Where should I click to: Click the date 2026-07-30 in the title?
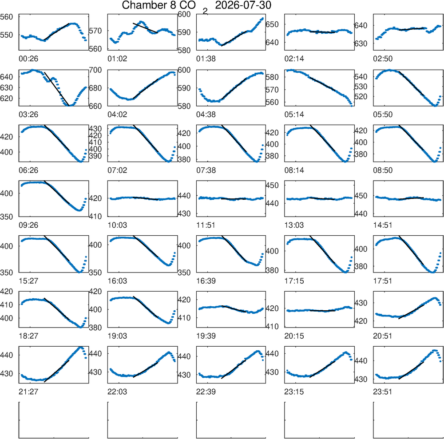click(x=243, y=5)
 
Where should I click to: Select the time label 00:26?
click(x=28, y=59)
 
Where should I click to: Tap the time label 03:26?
click(x=28, y=115)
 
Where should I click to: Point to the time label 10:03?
click(x=117, y=225)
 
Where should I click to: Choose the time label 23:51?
click(x=383, y=392)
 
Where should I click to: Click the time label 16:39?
click(x=206, y=281)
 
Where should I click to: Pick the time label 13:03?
click(x=294, y=225)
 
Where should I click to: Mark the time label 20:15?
click(x=294, y=336)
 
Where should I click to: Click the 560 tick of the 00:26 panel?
click(x=7, y=17)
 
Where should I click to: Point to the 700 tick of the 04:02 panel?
click(x=95, y=70)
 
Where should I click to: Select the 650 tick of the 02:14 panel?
click(x=272, y=24)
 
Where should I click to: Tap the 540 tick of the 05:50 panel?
click(x=361, y=77)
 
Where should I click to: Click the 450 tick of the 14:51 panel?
click(x=361, y=196)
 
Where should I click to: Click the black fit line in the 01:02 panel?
click(x=145, y=28)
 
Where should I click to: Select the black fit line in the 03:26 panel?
click(x=57, y=89)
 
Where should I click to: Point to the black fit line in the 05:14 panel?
click(x=322, y=84)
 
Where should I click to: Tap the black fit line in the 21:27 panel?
click(x=57, y=371)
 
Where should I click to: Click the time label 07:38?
click(x=206, y=170)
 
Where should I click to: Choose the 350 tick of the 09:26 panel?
click(x=7, y=217)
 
